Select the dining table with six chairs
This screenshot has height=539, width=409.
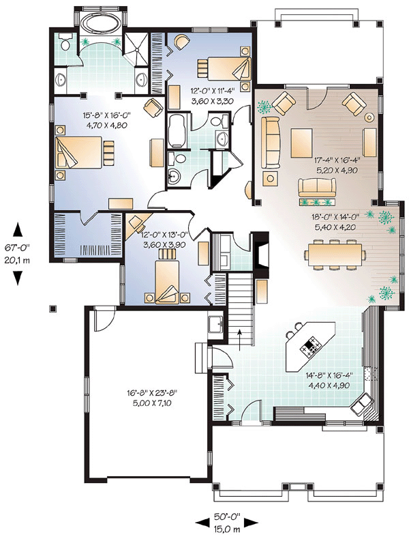pos(335,254)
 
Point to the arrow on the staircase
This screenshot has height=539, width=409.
pos(240,338)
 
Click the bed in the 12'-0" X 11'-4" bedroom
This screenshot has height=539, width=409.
pos(224,69)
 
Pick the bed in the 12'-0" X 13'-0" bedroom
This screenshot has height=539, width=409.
pos(167,277)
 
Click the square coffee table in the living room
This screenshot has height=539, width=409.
pos(301,143)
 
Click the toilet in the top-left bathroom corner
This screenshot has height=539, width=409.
pos(64,42)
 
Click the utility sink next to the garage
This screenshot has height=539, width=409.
pos(216,324)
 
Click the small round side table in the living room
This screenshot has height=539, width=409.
pos(369,117)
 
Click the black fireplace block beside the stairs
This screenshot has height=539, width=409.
pos(261,252)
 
